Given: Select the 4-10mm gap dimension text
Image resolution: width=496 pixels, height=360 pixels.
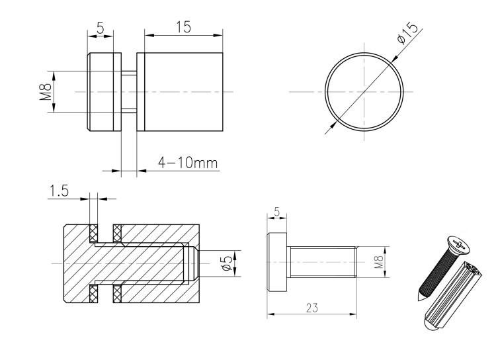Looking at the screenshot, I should (179, 162).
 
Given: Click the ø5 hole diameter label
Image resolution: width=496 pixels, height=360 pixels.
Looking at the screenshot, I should (226, 263).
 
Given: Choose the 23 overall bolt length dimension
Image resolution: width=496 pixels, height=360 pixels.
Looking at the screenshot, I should (311, 308).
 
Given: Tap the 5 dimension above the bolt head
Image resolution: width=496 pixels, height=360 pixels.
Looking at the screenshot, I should (276, 213).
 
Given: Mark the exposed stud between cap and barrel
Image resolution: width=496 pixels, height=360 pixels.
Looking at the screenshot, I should (128, 91).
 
